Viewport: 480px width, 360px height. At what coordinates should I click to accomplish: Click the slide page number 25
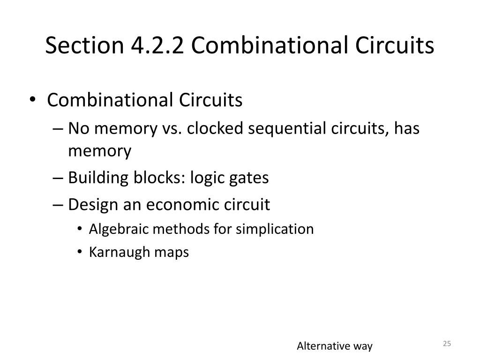pos(447,344)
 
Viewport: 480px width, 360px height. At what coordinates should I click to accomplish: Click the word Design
pos(89,204)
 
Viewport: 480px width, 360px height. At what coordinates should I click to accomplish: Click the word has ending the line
pos(406,128)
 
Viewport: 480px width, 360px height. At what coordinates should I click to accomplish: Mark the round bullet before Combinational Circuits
pos(37,100)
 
